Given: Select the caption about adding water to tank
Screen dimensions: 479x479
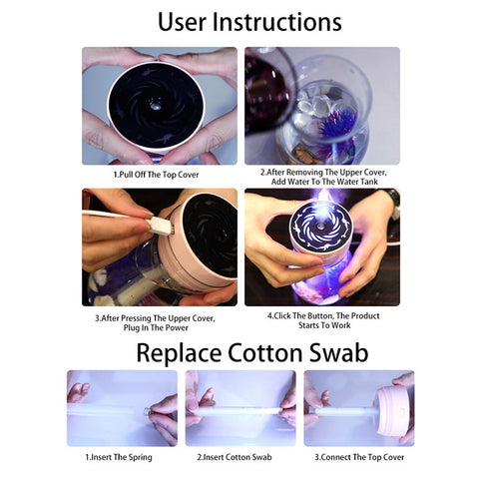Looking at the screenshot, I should [321, 178].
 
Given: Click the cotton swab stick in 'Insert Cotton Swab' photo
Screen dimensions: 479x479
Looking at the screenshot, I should [239, 407].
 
